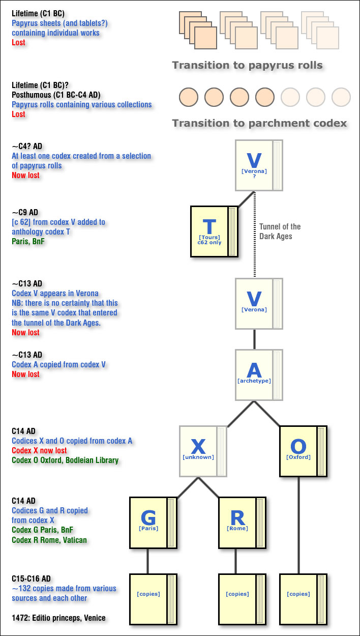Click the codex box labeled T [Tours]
214,232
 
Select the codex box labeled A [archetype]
259,375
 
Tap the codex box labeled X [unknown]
203,451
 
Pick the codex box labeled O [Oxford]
303,451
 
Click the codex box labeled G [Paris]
153,523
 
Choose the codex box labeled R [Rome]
242,523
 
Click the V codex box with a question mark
259,165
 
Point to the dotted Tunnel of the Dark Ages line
254,234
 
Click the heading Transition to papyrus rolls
248,65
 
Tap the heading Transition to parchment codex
259,123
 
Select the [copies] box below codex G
153,599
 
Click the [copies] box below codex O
303,599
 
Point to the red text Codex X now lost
39,450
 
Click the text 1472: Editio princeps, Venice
58,618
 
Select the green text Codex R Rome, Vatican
49,540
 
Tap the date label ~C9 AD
25,212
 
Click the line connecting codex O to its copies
298,525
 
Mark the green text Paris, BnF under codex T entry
28,241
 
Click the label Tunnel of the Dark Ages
280,232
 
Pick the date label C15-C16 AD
31,579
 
